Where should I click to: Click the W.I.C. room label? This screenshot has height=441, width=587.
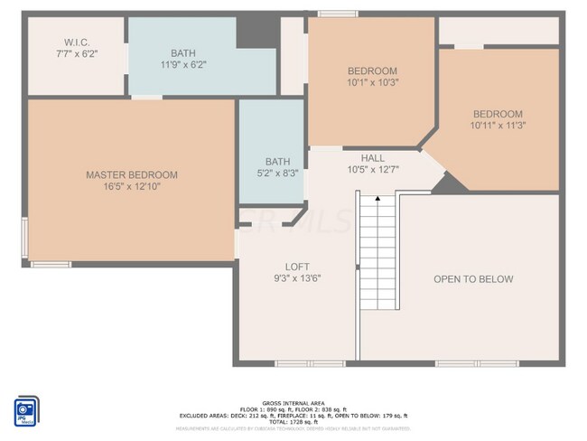[76, 42]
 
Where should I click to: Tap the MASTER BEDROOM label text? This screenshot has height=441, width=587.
[132, 174]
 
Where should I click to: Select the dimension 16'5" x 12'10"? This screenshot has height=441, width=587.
[132, 187]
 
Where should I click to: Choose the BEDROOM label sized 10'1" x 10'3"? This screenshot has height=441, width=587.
[373, 70]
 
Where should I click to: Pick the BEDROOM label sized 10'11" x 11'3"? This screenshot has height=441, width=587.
[498, 114]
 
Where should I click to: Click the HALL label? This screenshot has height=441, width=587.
[373, 157]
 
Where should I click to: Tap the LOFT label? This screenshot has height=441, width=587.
[297, 267]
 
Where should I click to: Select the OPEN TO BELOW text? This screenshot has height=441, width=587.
[473, 279]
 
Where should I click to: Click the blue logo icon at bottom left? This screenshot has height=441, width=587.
[26, 409]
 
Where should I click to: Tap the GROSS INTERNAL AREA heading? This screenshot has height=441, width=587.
[293, 402]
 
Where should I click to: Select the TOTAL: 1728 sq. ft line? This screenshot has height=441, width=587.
[293, 421]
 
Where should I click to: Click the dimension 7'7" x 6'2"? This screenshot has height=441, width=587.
[76, 54]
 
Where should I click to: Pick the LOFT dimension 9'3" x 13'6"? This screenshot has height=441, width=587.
[297, 278]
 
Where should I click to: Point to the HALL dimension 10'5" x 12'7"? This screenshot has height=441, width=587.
[373, 169]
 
